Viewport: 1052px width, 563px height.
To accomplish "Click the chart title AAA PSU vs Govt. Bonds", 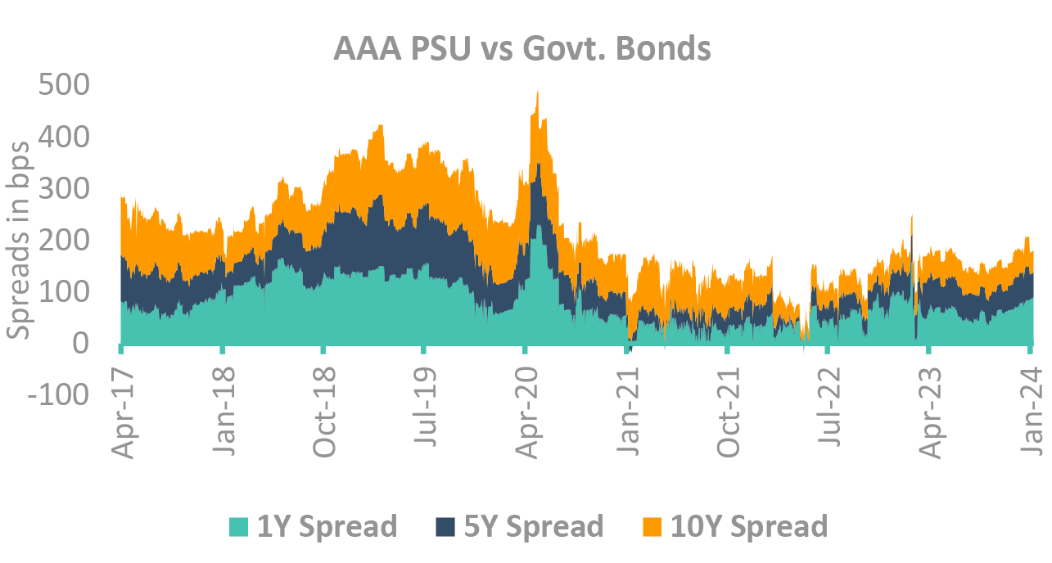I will pos(522,49).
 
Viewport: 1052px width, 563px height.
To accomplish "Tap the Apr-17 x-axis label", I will pos(123,403).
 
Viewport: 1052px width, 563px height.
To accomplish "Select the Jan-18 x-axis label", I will pos(224,403).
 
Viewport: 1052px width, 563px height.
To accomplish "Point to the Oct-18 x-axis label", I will pos(325,403).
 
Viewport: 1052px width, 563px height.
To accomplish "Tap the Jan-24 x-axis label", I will pos(1031,403).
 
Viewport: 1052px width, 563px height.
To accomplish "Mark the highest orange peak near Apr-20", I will pos(537,92).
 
